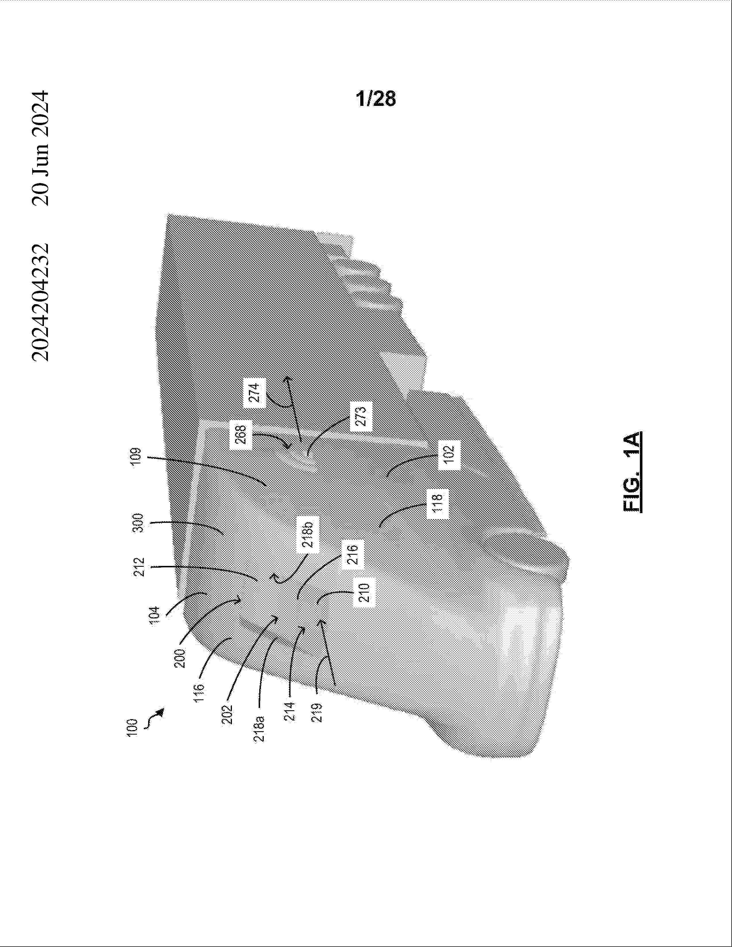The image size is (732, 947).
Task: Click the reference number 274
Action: (256, 392)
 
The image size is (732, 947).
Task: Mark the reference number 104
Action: (155, 615)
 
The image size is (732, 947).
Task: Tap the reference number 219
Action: (317, 713)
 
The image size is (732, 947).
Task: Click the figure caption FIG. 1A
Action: (633, 471)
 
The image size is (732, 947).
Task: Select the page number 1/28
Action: (375, 99)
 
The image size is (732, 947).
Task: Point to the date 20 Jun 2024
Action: (40, 148)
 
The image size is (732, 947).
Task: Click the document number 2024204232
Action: (40, 302)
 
